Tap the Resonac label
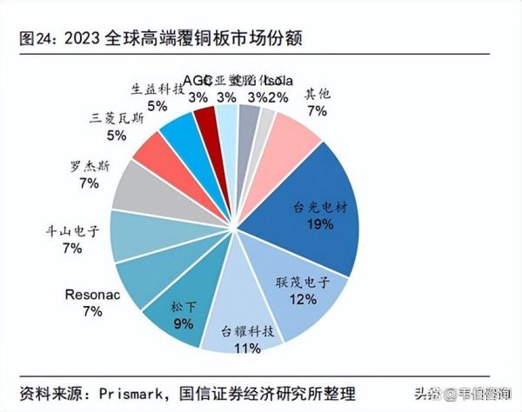(91, 294)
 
